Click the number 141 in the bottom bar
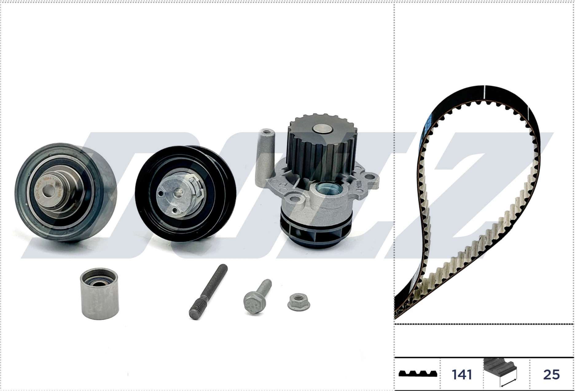click(462, 374)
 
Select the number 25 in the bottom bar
click(551, 374)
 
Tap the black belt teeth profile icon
click(418, 374)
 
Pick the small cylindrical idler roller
click(99, 294)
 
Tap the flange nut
click(299, 302)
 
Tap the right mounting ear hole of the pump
click(372, 178)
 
